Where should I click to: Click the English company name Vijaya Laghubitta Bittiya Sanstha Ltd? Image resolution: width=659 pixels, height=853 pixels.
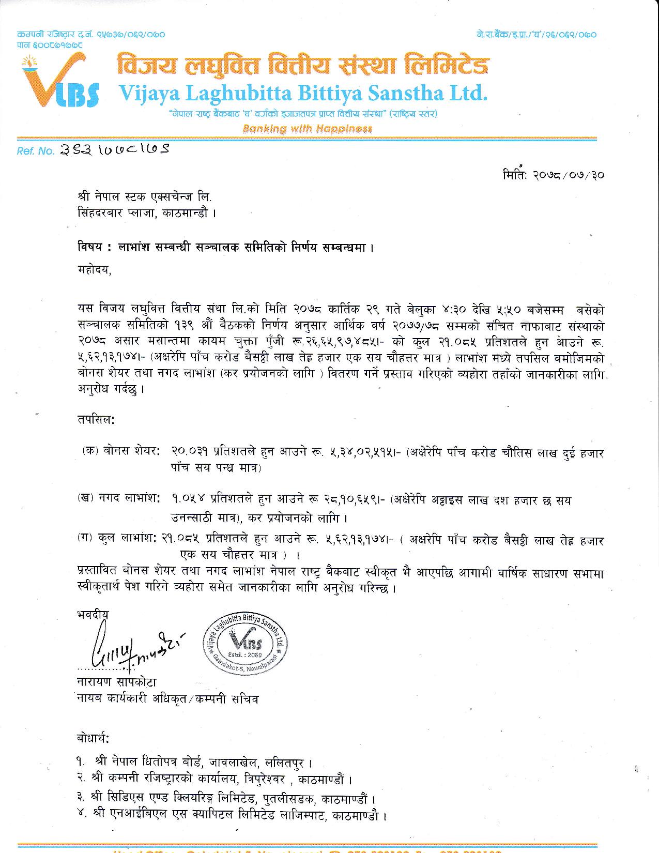click(x=303, y=93)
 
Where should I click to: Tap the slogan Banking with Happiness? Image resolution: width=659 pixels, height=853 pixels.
click(x=307, y=128)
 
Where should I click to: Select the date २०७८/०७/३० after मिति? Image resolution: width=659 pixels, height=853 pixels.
click(x=569, y=175)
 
